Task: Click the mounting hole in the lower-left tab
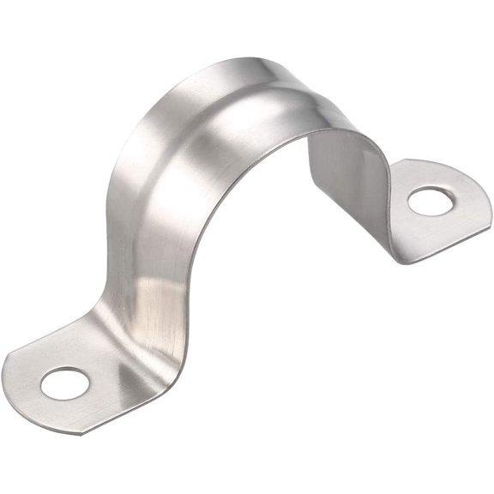click(64, 383)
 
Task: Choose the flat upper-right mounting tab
click(420, 206)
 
